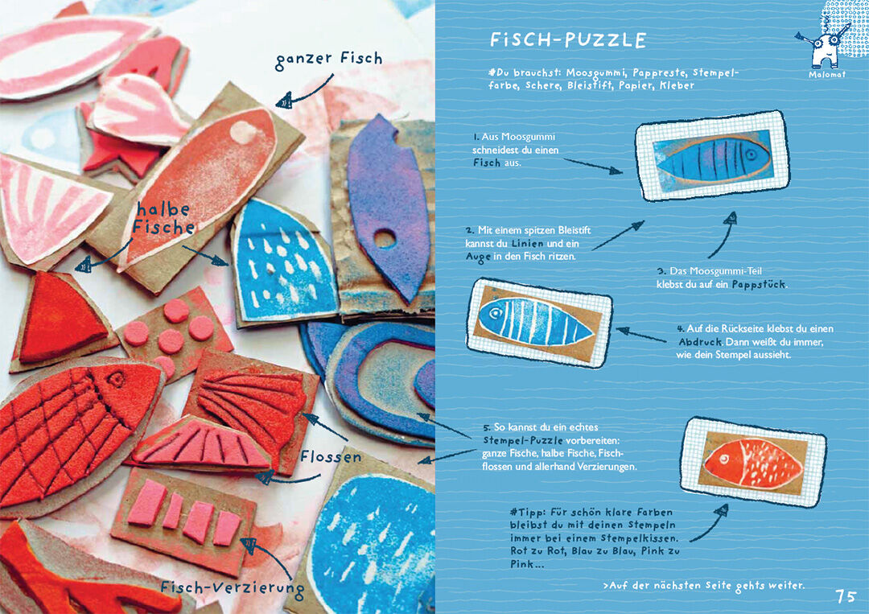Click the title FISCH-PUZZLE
tap(568, 40)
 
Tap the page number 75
tap(846, 596)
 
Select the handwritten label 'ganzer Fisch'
tap(329, 60)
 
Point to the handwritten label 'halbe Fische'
tap(163, 218)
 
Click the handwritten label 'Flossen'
tap(331, 457)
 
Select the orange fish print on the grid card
tap(752, 462)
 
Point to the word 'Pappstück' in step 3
tap(759, 284)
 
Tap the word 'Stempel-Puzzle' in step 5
tap(523, 440)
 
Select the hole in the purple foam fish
tap(384, 239)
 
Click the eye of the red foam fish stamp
tap(117, 380)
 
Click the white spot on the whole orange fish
tap(243, 132)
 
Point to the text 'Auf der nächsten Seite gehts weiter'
tap(704, 586)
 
